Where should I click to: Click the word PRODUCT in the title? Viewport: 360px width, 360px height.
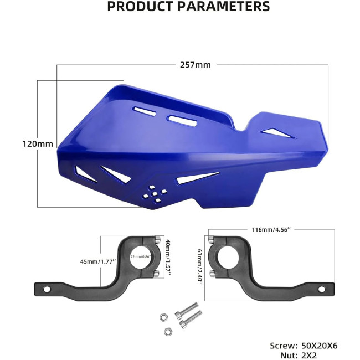[x=140, y=6]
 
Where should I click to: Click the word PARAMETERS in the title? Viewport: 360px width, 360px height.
[x=224, y=6]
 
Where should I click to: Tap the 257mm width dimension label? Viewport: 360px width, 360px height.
[x=196, y=65]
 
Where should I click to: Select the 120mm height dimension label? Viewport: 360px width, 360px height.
[x=38, y=144]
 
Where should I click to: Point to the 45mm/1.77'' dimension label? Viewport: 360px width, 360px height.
[x=98, y=261]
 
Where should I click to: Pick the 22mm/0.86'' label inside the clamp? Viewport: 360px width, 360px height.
[x=141, y=256]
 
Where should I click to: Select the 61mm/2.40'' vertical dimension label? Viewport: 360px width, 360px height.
[x=200, y=267]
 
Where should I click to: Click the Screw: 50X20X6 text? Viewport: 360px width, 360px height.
[x=304, y=346]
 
